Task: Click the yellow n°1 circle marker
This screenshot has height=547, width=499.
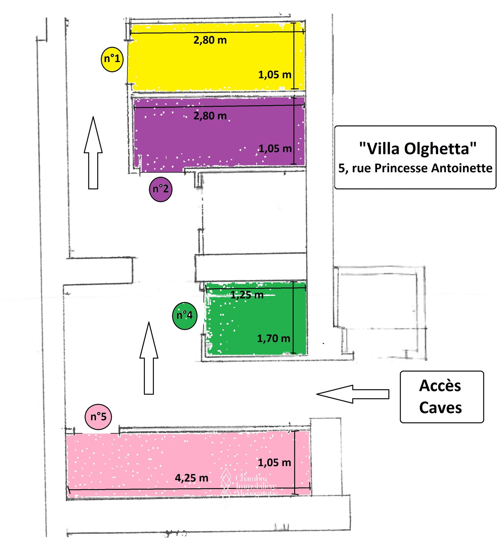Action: click(112, 59)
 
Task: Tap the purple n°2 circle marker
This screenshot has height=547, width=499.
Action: click(160, 189)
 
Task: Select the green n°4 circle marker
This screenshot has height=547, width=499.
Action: click(184, 316)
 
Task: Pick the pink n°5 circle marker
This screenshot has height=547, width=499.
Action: click(98, 417)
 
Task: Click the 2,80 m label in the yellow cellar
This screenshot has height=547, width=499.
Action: click(210, 40)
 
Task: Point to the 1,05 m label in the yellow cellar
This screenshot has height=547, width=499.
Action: click(275, 75)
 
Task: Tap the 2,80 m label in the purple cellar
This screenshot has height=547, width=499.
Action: click(210, 116)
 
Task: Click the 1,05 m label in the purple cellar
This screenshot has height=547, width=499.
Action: click(275, 149)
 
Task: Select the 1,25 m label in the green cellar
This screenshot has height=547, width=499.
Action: click(247, 295)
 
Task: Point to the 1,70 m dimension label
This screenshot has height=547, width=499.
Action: click(274, 338)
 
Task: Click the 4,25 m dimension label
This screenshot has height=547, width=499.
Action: click(192, 478)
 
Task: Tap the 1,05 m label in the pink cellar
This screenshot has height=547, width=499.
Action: click(274, 463)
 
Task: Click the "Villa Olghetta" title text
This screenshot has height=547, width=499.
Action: click(417, 149)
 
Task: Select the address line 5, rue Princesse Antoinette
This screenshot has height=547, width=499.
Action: click(415, 168)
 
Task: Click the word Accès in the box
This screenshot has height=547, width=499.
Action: click(440, 386)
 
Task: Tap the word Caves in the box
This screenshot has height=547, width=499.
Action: click(440, 408)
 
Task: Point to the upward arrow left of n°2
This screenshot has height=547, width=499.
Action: click(93, 154)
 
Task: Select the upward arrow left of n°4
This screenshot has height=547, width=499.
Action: click(149, 359)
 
